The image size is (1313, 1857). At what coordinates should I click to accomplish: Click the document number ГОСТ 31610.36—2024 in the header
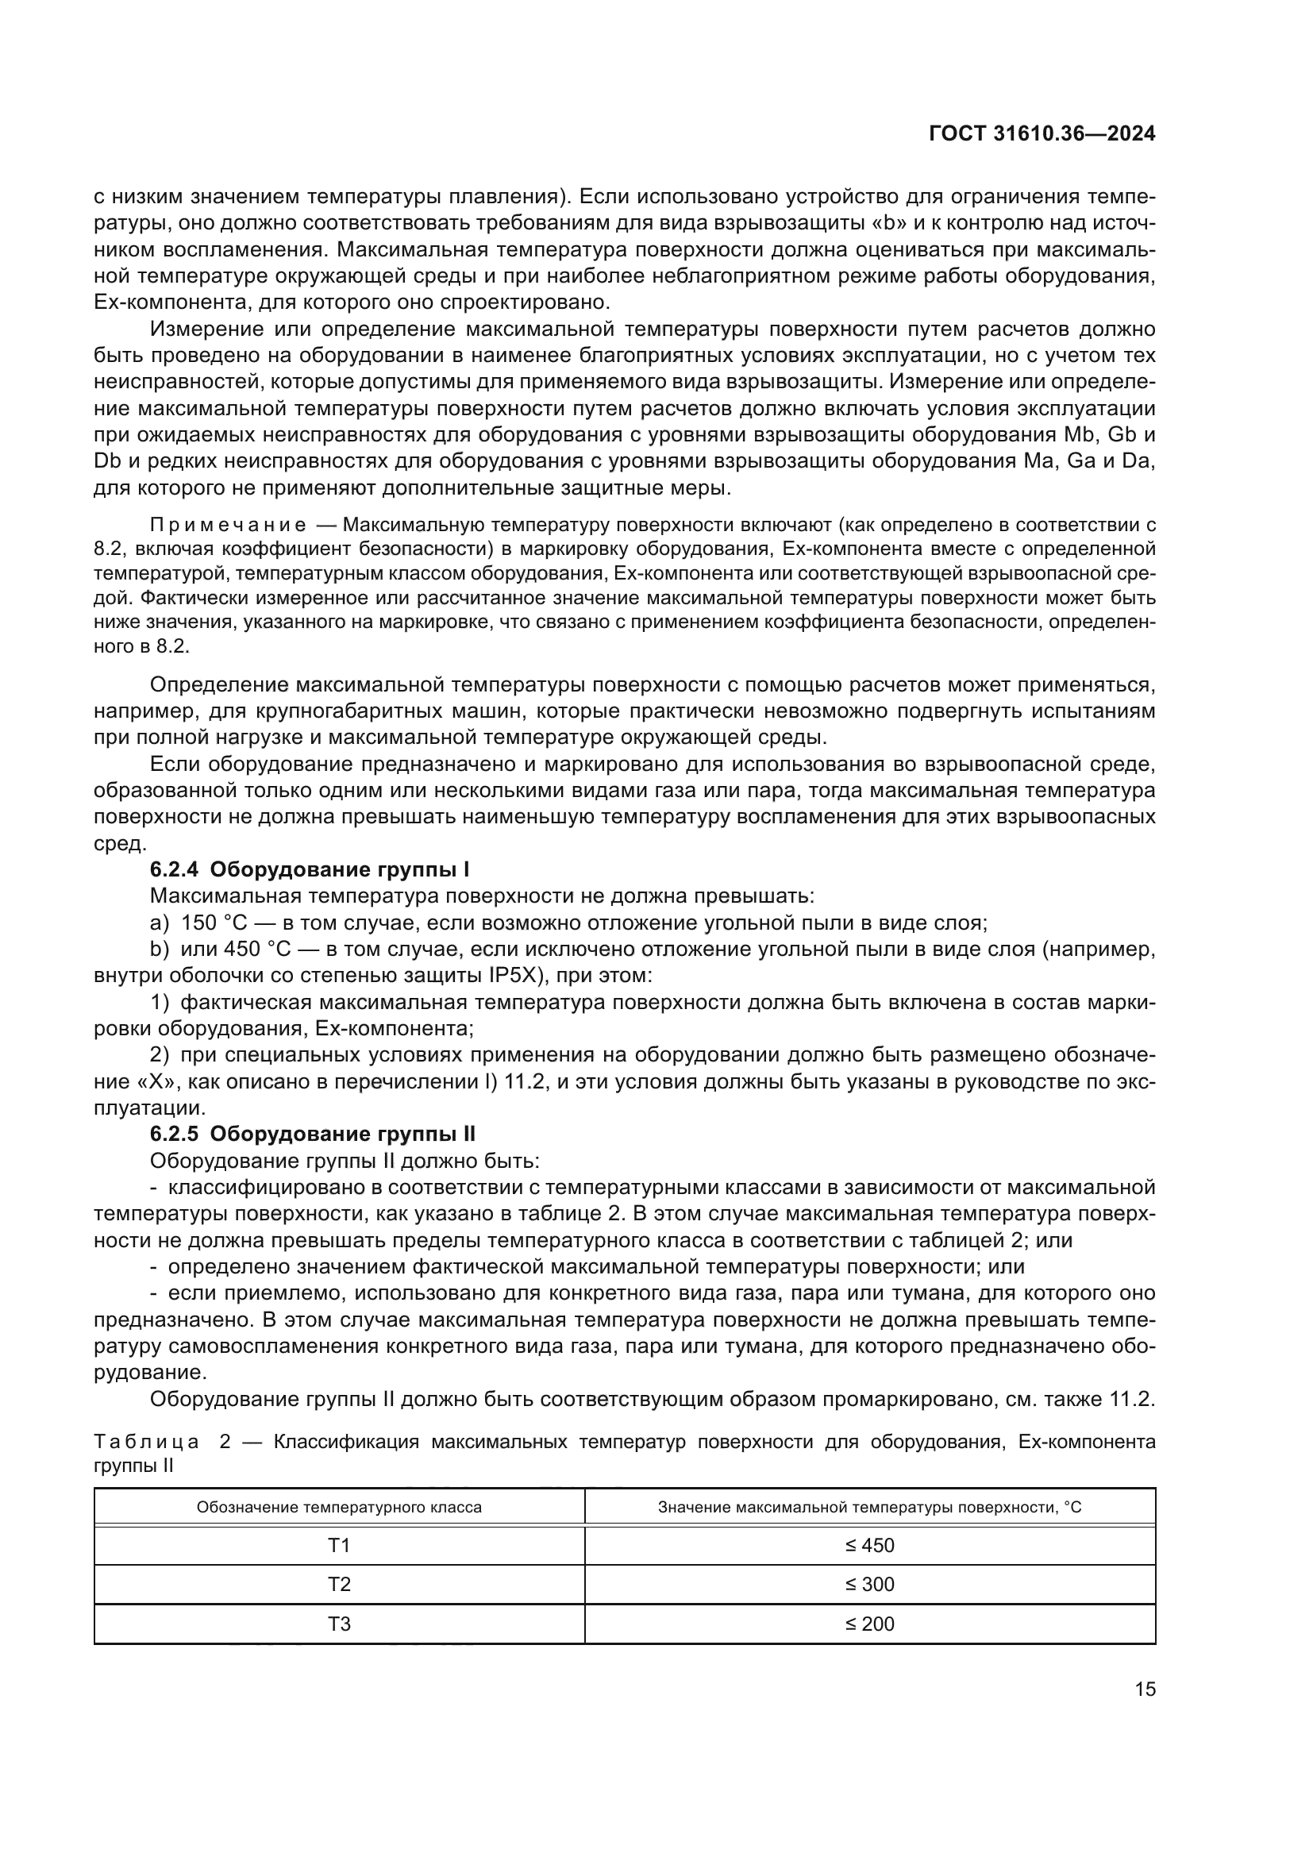coord(1042,134)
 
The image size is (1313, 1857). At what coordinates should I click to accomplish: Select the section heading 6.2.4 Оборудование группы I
coord(310,869)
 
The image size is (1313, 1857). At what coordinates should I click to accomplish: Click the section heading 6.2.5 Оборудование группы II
coord(312,1134)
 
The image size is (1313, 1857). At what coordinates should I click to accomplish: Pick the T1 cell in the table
coord(339,1546)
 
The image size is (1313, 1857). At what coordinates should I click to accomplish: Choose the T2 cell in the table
coord(339,1585)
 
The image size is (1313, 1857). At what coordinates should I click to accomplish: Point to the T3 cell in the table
coord(339,1624)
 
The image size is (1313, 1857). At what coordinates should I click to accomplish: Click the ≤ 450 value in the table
coord(870,1546)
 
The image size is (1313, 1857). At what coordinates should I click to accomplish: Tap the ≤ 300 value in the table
coord(870,1585)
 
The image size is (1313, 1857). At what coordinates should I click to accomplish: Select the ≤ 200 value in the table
coord(870,1624)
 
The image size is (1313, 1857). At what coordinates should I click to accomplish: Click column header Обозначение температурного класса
coord(339,1508)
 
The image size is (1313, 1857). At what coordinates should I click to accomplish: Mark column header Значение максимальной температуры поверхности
coord(870,1508)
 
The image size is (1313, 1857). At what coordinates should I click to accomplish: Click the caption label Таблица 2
coord(161,1441)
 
